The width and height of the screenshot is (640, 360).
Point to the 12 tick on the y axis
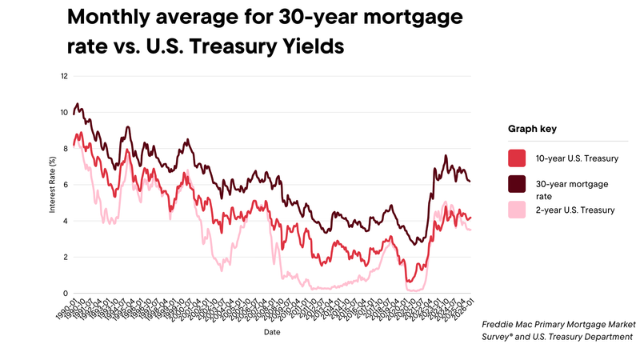(x=64, y=77)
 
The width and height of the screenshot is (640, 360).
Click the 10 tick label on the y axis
(x=64, y=113)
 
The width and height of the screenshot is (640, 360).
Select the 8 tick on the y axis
(x=66, y=149)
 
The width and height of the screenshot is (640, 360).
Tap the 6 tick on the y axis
(x=66, y=185)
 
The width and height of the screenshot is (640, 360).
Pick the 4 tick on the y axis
(x=66, y=221)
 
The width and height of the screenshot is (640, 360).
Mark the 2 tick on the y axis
(x=66, y=257)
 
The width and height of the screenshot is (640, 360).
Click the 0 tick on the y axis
(x=66, y=293)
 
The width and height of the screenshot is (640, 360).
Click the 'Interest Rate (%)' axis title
(x=53, y=185)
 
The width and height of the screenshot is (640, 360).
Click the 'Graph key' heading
(x=532, y=128)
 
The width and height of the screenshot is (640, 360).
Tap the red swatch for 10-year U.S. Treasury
(x=518, y=157)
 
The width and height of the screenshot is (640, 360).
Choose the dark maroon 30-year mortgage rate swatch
(x=518, y=184)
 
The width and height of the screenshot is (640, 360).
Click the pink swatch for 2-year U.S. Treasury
(x=518, y=210)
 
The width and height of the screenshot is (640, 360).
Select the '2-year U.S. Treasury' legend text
(x=575, y=210)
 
